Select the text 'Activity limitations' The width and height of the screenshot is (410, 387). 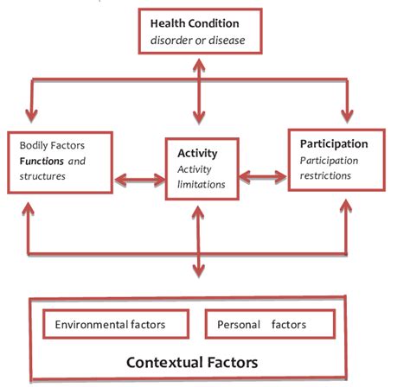click(200, 175)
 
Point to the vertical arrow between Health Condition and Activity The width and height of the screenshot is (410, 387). click(200, 98)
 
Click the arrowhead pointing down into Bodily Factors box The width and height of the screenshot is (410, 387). click(32, 114)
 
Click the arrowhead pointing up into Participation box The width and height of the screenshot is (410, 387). click(349, 206)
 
